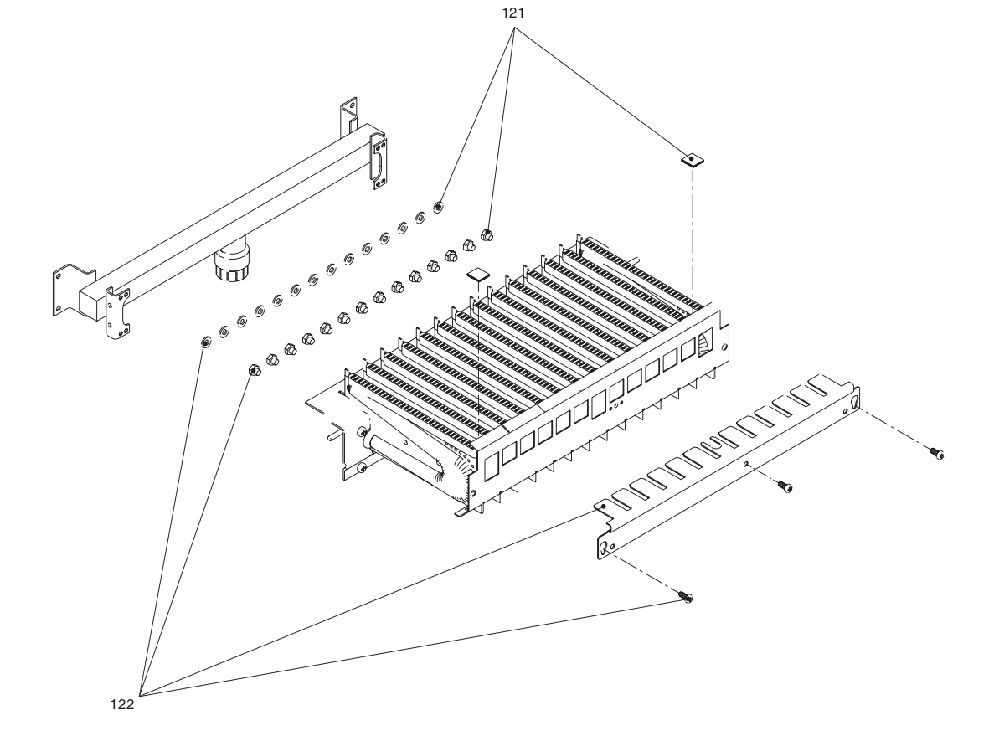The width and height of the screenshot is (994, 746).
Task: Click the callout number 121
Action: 512,13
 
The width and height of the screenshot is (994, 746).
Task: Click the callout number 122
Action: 122,704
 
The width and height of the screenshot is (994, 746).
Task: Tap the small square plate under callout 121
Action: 693,158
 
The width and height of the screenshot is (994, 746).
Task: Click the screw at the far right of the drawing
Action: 936,453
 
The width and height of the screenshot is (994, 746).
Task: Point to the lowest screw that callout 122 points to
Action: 685,596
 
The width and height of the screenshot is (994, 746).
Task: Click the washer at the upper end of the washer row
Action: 437,207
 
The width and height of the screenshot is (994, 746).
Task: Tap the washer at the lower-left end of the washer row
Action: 205,343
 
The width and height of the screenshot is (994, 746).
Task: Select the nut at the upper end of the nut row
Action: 487,234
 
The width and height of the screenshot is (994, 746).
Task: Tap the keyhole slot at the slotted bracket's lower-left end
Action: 605,548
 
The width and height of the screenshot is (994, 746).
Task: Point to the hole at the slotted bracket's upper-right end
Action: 854,401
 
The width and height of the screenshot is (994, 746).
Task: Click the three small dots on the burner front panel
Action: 615,405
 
